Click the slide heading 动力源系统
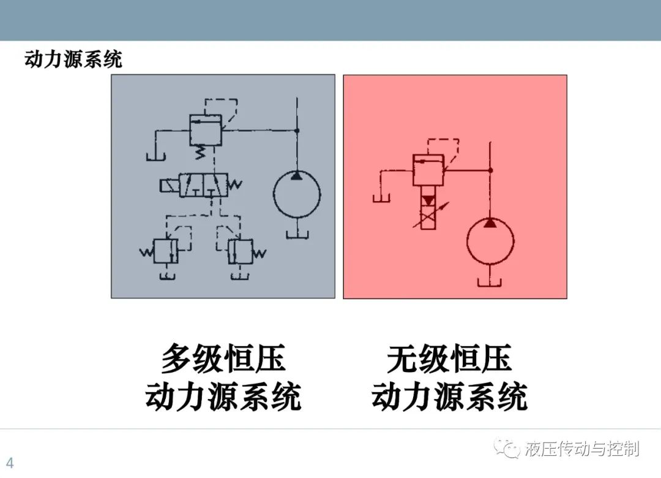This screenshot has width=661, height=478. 73,59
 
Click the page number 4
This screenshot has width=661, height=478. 10,463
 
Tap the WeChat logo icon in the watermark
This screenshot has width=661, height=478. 507,448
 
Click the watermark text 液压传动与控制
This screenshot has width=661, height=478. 582,449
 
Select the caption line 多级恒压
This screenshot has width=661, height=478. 223,358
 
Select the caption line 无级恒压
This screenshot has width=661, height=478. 449,358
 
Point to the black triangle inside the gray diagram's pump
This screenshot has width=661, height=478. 297,175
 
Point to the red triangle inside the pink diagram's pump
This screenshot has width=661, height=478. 490,222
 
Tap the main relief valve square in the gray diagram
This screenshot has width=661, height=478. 206,130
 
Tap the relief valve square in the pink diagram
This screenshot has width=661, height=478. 428,170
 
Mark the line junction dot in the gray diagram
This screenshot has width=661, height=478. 297,131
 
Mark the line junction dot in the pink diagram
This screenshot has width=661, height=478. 490,170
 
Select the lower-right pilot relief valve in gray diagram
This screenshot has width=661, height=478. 241,252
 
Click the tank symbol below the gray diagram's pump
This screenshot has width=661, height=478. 297,234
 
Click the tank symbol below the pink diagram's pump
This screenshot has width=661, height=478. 490,282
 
